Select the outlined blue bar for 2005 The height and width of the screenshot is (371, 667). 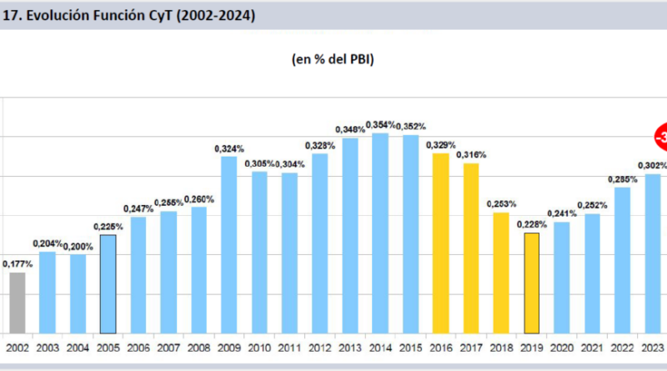tap(107, 283)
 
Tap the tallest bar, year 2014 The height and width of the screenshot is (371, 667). tap(379, 233)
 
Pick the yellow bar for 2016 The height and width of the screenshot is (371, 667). tap(440, 243)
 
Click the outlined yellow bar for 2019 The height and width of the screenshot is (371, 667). tap(532, 283)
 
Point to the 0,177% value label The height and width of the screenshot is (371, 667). tap(18, 264)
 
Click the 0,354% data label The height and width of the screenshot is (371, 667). tap(379, 124)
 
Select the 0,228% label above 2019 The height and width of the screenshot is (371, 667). tap(532, 224)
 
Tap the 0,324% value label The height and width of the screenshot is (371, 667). tap(228, 148)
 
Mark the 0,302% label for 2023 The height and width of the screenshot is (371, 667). tap(652, 165)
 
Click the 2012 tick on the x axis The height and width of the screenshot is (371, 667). tap(319, 348)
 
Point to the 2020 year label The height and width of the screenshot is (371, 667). tap(562, 348)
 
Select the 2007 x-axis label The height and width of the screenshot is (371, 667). tap(168, 348)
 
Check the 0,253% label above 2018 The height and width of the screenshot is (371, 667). tap(501, 203)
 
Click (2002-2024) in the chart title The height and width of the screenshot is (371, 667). tap(212, 15)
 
